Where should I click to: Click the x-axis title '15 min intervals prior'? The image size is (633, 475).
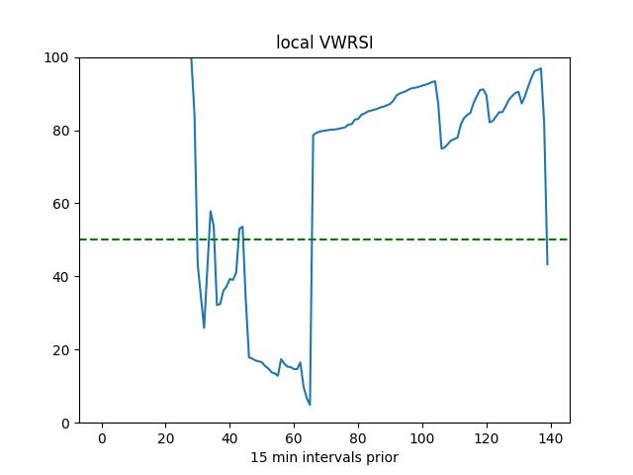click(323, 457)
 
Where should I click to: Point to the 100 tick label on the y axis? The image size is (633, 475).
click(55, 57)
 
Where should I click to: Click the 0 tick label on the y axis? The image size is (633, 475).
click(62, 424)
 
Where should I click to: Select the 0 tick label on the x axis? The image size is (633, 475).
click(101, 438)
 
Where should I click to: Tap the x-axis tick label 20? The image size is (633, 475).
click(165, 438)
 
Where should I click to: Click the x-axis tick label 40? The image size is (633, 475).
click(229, 438)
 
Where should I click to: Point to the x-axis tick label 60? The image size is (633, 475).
click(294, 438)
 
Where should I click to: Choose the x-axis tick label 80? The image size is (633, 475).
click(358, 438)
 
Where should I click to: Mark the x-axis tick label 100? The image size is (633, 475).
click(422, 438)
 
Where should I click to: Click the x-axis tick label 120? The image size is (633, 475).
click(487, 438)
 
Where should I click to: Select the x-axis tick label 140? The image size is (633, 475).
click(551, 438)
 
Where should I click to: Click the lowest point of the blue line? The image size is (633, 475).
click(310, 405)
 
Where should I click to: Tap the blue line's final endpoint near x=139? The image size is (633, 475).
click(547, 264)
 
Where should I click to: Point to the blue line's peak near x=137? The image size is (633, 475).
click(541, 68)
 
